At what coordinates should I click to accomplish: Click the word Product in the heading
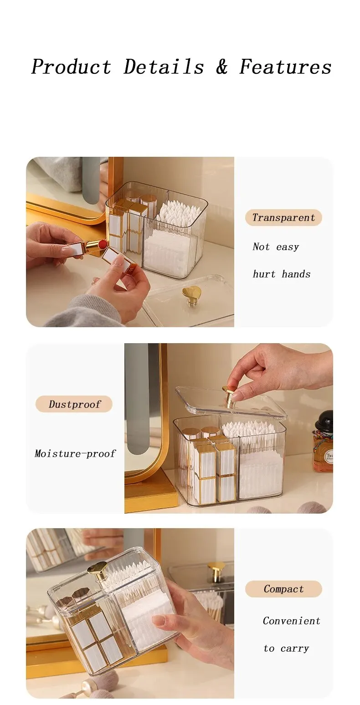(x=72, y=67)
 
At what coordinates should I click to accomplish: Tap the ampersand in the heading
(x=222, y=67)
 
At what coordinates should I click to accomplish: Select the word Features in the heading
(x=285, y=67)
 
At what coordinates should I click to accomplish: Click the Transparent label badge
(x=283, y=217)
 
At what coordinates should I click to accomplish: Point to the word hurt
(x=264, y=274)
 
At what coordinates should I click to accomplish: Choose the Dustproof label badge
(x=74, y=404)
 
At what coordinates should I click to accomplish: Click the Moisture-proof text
(x=75, y=453)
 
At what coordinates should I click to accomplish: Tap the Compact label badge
(x=283, y=589)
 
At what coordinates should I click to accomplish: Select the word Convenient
(x=291, y=621)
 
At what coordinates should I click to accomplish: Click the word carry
(x=295, y=648)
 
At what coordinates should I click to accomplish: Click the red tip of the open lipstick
(x=103, y=244)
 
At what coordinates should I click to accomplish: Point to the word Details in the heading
(x=164, y=67)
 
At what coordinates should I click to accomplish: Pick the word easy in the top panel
(x=287, y=247)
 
